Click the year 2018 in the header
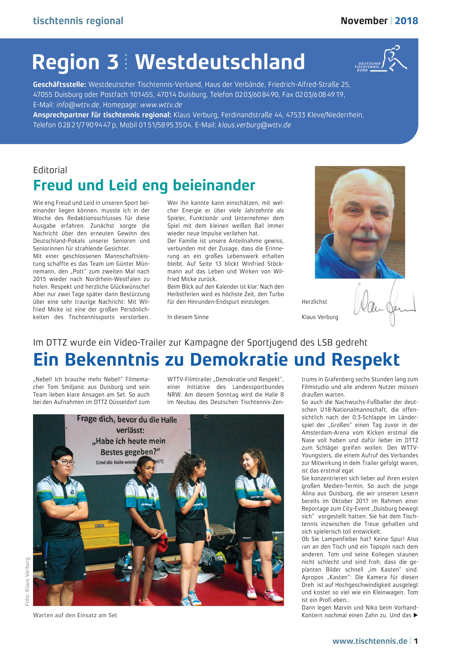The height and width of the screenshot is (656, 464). [406, 21]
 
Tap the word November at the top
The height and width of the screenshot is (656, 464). [364, 21]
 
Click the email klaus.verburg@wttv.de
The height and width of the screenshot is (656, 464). [254, 125]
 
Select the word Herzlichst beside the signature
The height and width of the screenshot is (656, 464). [314, 302]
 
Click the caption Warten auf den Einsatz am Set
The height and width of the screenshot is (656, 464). [75, 615]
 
